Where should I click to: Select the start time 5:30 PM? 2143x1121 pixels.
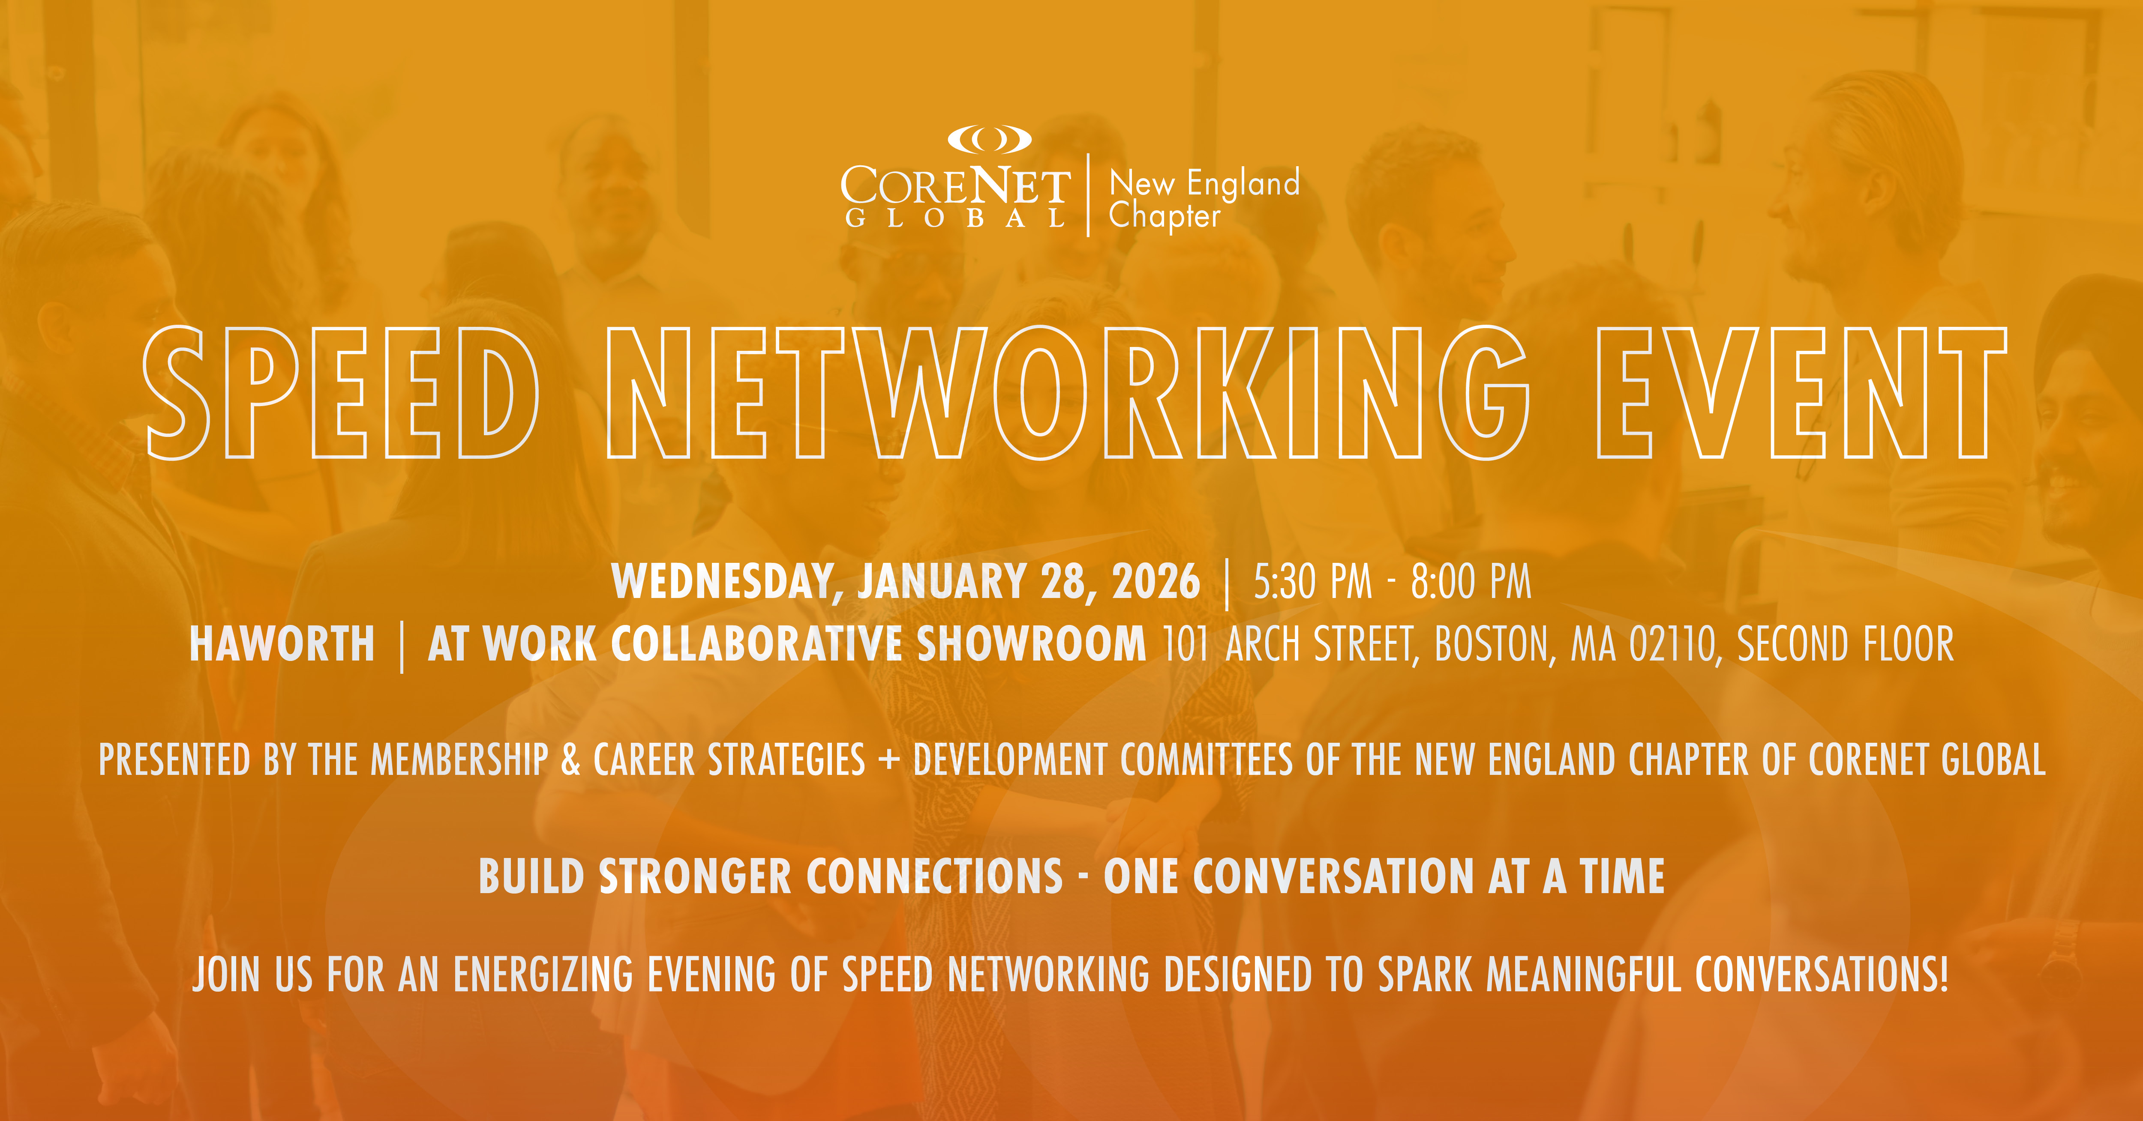[x=1312, y=581]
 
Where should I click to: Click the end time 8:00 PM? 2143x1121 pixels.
[x=1471, y=581]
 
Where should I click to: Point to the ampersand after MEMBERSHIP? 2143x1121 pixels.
[x=571, y=759]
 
